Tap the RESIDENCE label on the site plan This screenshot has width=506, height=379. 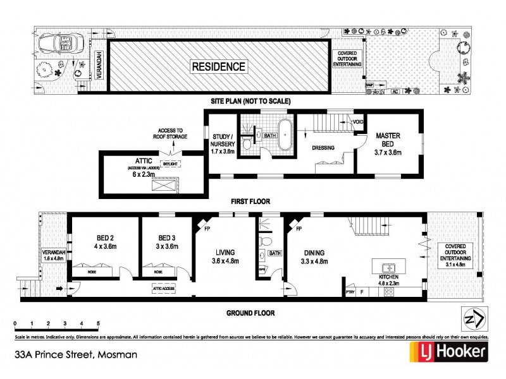click(x=219, y=65)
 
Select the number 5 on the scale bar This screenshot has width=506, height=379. click(x=98, y=323)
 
